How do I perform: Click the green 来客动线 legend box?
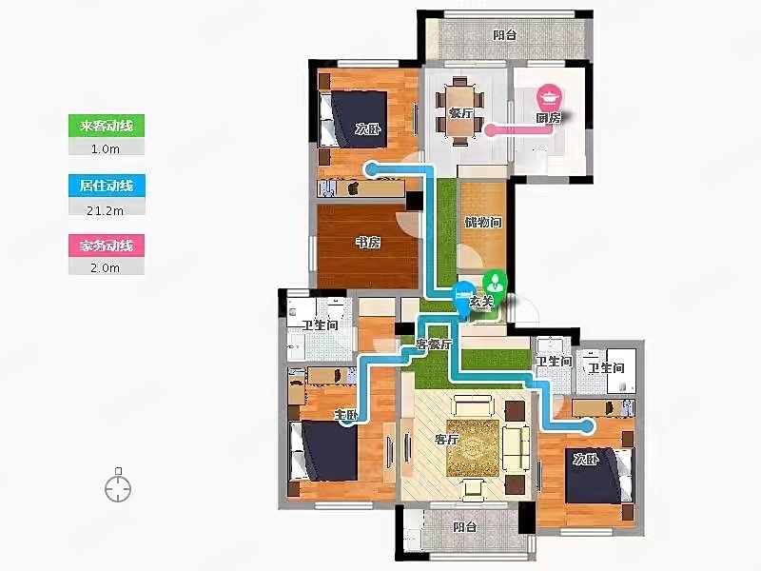coord(107,127)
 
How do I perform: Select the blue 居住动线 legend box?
coord(107,186)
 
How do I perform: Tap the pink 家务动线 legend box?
coord(107,246)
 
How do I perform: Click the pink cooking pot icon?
coord(550,98)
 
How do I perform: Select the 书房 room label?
coord(368,242)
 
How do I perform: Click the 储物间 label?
coord(483,223)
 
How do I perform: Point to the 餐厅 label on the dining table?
coord(460,113)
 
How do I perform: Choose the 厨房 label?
coord(549,118)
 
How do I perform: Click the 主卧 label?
coord(346,415)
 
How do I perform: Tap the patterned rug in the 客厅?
coord(473,448)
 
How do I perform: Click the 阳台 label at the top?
coord(505,35)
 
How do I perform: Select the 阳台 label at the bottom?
coord(464,527)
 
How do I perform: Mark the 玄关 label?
coord(481,302)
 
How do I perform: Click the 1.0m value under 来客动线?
coord(106,149)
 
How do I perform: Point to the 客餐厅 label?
coord(434,345)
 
